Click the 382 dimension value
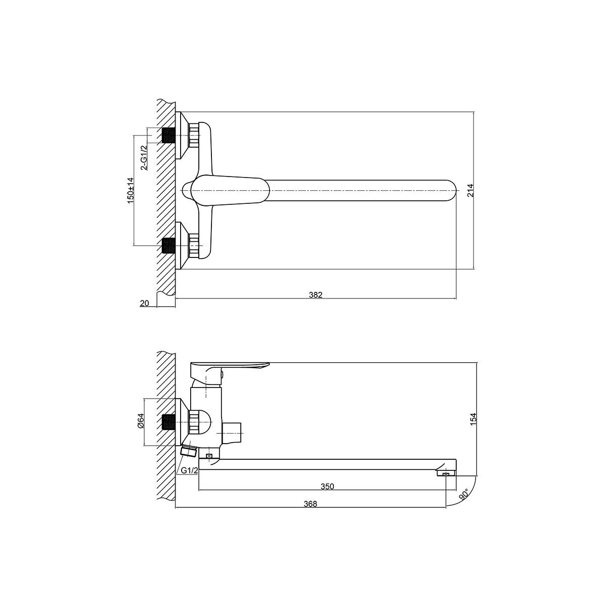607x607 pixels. point(316,294)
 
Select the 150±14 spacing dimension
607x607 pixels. point(131,191)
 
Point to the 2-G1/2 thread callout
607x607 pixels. point(144,157)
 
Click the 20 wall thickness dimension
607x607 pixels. point(144,303)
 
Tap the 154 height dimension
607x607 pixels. point(473,419)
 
